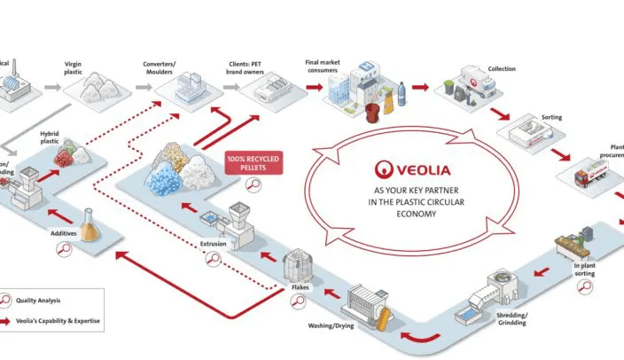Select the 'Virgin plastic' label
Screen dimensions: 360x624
[78, 65]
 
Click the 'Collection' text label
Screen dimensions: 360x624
[501, 69]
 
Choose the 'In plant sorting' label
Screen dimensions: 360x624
[585, 269]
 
